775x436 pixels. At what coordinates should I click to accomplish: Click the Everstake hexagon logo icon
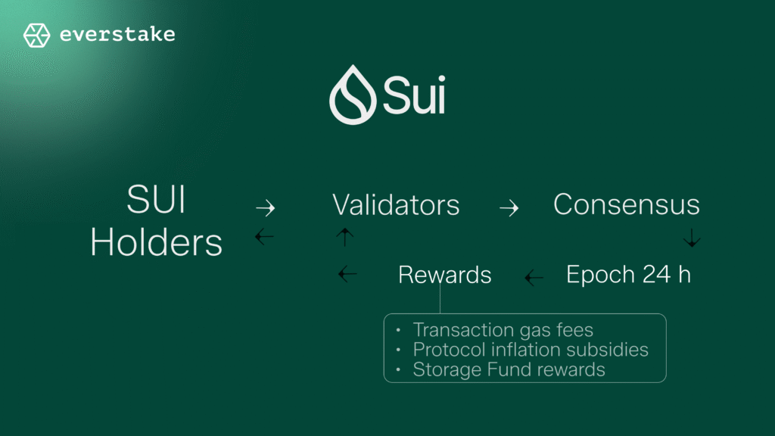[36, 35]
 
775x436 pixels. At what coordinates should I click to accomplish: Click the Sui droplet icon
[353, 95]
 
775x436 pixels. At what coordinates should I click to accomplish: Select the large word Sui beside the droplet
[413, 95]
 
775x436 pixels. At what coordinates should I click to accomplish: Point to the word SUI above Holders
[156, 202]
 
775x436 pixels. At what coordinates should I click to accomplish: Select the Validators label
[396, 205]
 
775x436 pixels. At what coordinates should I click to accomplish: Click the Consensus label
[627, 204]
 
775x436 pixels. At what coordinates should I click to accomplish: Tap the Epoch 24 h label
[628, 274]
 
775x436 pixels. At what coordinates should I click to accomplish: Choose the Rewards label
[445, 275]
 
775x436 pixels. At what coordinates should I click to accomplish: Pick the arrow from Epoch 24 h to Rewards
[534, 278]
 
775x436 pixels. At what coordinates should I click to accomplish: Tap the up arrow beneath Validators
[344, 238]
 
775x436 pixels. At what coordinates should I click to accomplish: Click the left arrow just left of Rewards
[347, 275]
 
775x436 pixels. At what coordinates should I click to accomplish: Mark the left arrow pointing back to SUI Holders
[264, 237]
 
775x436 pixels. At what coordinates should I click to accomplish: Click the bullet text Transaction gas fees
[503, 330]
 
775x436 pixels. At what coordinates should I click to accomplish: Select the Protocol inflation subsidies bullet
[531, 350]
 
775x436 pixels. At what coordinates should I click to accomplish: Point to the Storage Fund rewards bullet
[509, 369]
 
